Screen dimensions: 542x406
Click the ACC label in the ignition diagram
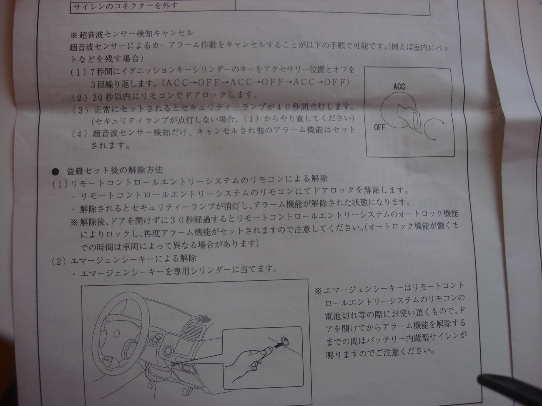[x=399, y=87]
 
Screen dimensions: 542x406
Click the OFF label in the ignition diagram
[x=379, y=127]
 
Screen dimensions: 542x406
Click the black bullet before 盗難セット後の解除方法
[x=55, y=172]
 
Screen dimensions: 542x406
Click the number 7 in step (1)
[x=93, y=72]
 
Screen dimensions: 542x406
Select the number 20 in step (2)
[x=98, y=97]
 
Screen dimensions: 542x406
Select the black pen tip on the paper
[x=482, y=380]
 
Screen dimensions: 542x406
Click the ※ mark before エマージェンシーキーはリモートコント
[x=318, y=291]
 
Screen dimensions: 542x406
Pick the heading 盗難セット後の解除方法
[x=115, y=171]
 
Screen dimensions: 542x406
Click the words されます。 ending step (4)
[x=110, y=146]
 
